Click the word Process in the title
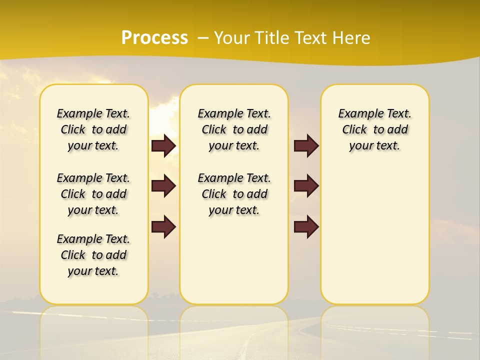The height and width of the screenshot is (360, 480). tap(154, 38)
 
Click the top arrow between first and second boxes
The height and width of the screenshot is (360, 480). tap(163, 145)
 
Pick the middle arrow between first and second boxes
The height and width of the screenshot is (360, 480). tap(163, 186)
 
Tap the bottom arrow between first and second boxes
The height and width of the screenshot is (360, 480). tap(163, 227)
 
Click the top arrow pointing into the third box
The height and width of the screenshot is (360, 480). tap(306, 145)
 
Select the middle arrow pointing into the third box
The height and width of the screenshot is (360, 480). tap(306, 186)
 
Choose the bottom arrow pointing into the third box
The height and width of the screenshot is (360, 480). tap(306, 227)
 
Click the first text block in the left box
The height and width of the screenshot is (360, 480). tap(93, 129)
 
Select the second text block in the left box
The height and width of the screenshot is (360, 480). tap(93, 194)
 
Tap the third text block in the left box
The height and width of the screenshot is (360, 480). tap(93, 255)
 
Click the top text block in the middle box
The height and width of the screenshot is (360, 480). tap(234, 129)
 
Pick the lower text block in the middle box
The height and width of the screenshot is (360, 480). tap(234, 194)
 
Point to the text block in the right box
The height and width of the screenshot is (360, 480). tap(374, 129)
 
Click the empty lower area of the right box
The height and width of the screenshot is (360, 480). tap(374, 235)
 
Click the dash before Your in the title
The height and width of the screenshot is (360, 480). tap(203, 38)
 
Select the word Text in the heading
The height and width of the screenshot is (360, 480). tap(309, 38)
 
